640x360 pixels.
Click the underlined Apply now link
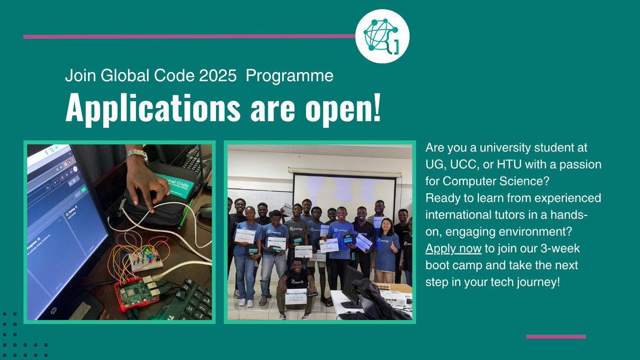453,249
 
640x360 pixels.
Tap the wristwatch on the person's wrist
137,155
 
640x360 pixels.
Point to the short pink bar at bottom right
556,337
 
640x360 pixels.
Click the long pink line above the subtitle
189,36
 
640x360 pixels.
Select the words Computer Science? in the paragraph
496,180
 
